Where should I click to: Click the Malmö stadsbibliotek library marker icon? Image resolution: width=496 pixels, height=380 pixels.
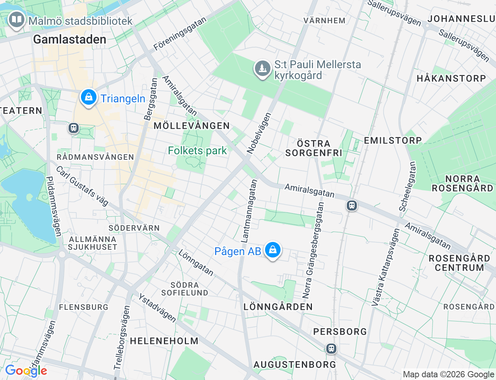coord(16,19)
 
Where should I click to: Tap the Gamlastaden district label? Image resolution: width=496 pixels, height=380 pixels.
coord(70,39)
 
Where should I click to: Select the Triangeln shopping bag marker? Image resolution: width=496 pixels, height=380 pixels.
coord(89,97)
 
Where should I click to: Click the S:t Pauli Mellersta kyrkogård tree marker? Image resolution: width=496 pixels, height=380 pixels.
coord(262,69)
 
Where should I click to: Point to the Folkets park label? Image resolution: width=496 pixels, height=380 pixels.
coord(197,150)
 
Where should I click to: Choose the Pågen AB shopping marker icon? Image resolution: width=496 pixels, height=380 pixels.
coord(273,250)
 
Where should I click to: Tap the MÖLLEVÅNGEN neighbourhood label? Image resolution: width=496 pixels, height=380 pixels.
coord(192,126)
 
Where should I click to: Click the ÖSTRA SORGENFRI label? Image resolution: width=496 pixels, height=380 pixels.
coord(313,148)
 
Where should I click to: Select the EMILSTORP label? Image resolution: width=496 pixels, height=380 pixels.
coord(393,140)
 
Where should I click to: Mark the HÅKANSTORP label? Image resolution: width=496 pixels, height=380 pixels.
coord(451,78)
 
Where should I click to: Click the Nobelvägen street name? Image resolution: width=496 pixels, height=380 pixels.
coord(259,133)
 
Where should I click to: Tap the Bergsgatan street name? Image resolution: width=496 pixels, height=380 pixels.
coord(150,99)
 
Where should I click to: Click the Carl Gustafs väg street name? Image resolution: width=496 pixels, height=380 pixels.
coord(82,186)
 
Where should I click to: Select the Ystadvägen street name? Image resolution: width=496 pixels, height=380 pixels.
coord(157,308)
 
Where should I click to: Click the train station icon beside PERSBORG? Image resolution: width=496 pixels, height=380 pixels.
coord(331,348)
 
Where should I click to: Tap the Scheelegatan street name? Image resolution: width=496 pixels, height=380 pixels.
coord(408,187)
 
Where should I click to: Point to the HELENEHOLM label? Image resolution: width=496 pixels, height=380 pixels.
coord(164,341)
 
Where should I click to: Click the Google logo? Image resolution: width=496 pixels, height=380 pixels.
coord(26,371)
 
